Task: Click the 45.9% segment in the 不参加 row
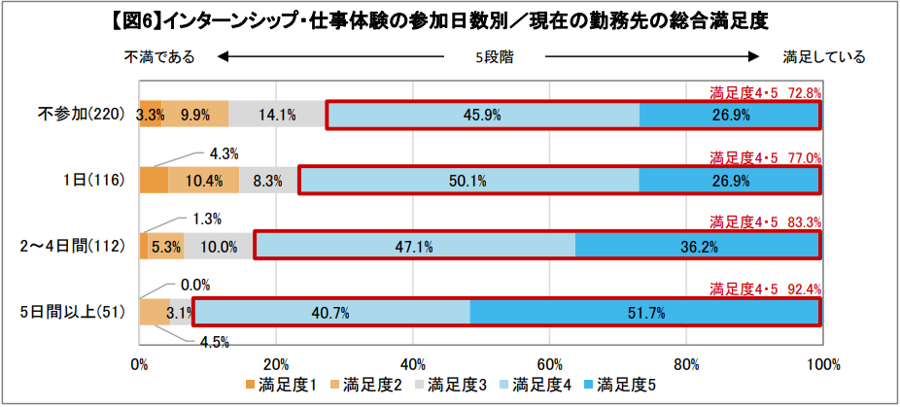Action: [482, 115]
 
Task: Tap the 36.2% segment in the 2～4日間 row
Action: [698, 247]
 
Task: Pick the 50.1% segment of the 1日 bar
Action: [468, 181]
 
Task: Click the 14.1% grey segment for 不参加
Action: [277, 115]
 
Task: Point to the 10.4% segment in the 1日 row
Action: [190, 181]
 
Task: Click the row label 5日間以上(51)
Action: [76, 313]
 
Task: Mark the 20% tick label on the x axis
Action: [277, 364]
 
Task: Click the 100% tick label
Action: [822, 364]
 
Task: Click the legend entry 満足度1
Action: [281, 386]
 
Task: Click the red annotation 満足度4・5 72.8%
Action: [766, 93]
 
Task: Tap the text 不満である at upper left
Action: [159, 57]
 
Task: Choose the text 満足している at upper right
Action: [823, 57]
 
